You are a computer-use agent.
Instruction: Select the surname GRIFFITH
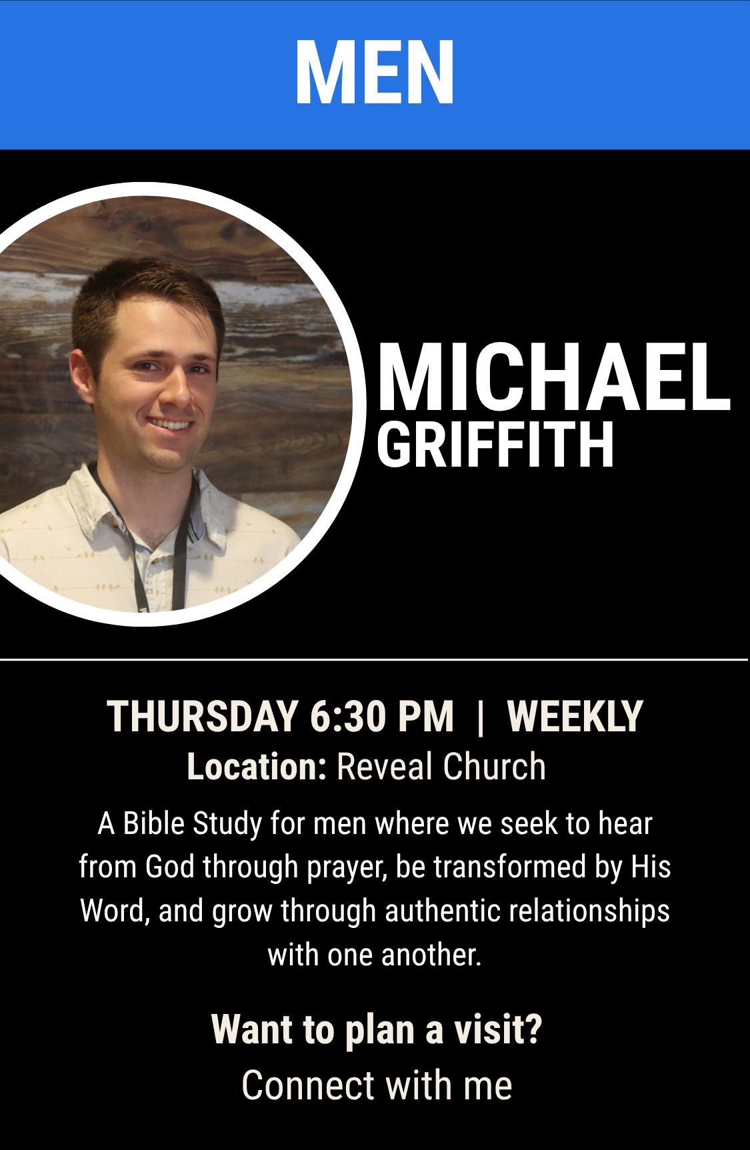pyautogui.click(x=495, y=445)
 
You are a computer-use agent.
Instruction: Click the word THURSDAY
pyautogui.click(x=203, y=717)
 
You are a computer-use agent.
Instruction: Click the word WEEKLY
pyautogui.click(x=575, y=717)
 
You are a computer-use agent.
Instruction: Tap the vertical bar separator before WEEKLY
pyautogui.click(x=481, y=717)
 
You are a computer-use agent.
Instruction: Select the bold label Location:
pyautogui.click(x=257, y=767)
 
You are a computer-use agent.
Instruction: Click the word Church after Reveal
pyautogui.click(x=494, y=767)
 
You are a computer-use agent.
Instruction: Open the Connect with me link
pyautogui.click(x=377, y=1085)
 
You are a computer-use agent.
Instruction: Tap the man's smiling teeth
pyautogui.click(x=170, y=424)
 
